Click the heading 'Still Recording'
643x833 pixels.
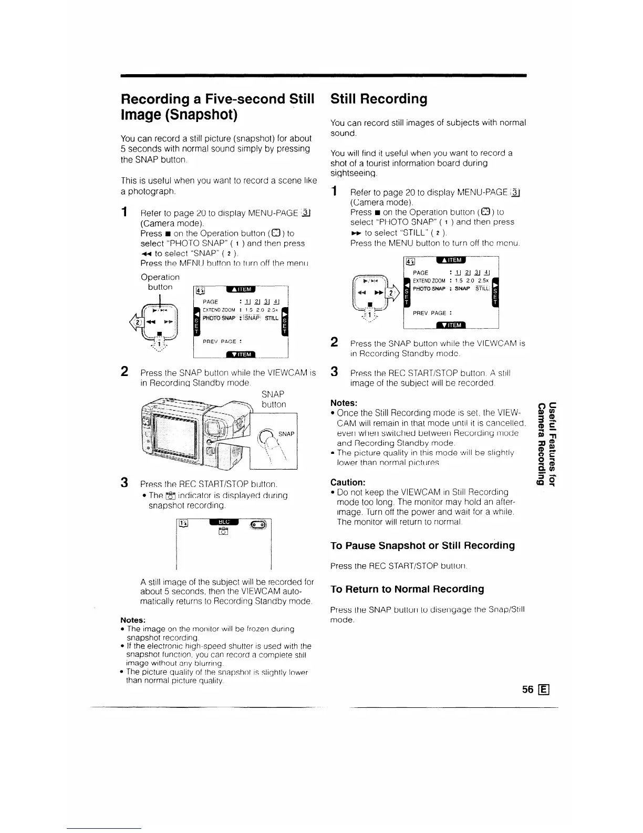[x=379, y=99]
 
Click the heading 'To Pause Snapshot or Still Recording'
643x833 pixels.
[x=422, y=545]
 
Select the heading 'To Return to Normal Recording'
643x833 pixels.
[x=407, y=589]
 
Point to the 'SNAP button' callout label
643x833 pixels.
[x=273, y=399]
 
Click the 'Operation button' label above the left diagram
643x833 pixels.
[x=160, y=282]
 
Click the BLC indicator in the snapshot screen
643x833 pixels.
[x=224, y=522]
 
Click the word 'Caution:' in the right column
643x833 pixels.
[x=348, y=482]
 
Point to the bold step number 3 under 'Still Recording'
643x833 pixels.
[x=334, y=372]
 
